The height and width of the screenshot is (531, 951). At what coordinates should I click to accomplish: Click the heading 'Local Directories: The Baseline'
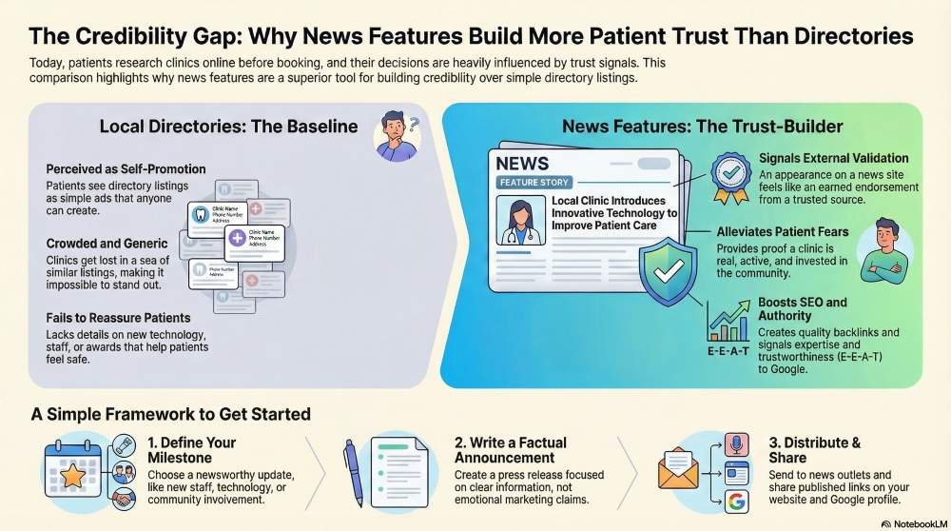tap(228, 127)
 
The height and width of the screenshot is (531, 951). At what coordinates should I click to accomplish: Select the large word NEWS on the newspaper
tap(522, 163)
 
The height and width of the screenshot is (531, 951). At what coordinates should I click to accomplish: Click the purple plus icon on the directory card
tap(236, 237)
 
